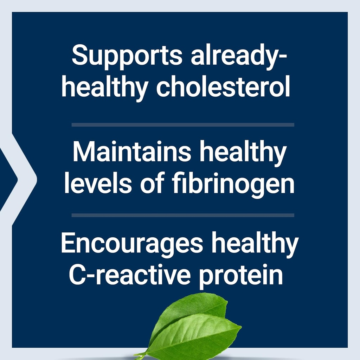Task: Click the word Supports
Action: (x=127, y=56)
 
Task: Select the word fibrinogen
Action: (x=231, y=185)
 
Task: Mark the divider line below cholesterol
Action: (x=183, y=124)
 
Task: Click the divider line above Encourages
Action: (x=183, y=215)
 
